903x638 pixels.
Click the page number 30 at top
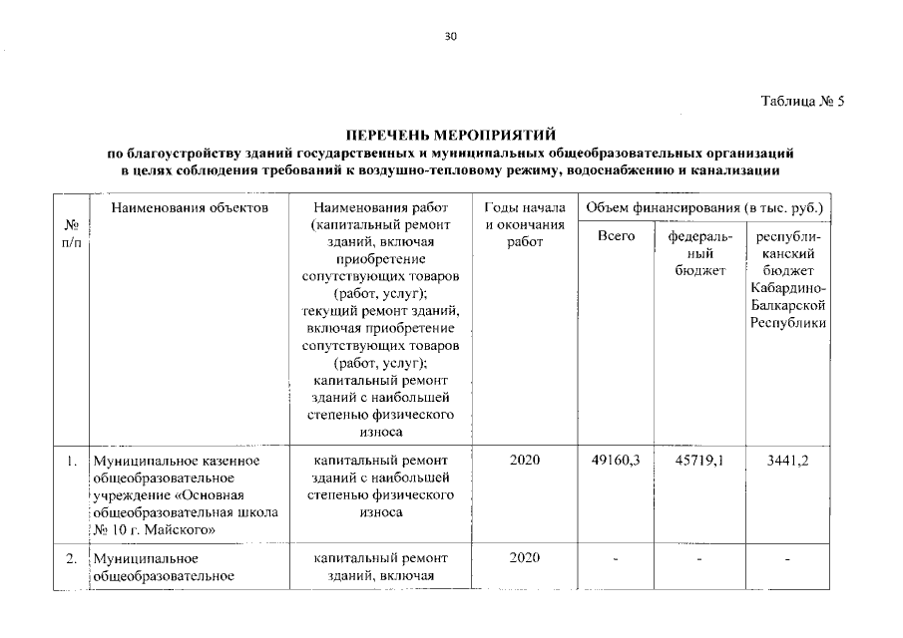pos(450,37)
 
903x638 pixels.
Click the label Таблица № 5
pos(802,102)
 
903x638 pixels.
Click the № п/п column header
pos(70,235)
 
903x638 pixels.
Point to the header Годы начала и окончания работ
pos(525,226)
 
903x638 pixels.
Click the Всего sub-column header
pos(616,236)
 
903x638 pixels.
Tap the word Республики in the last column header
pos(788,324)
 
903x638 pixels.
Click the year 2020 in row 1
pos(525,460)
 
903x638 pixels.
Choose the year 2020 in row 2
pos(525,557)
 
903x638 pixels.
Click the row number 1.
pos(71,461)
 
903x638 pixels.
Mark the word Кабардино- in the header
pos(788,288)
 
